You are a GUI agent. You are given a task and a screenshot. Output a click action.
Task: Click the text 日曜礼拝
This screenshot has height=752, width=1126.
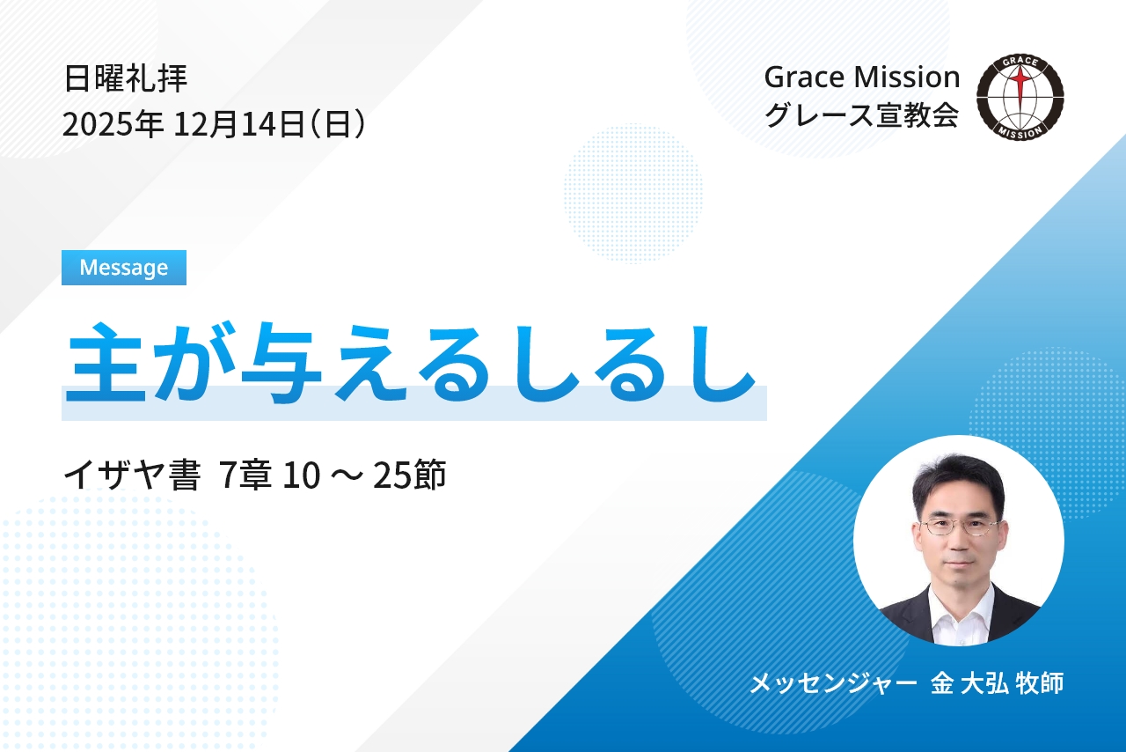tap(126, 78)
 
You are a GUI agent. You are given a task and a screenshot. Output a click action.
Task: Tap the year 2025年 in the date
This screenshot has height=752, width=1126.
tap(113, 124)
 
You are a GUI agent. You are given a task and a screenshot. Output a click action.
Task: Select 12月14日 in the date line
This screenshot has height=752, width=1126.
tap(239, 124)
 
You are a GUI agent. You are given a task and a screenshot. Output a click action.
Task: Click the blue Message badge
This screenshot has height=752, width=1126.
tap(124, 268)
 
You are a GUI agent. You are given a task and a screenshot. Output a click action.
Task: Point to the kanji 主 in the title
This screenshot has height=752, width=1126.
tap(104, 362)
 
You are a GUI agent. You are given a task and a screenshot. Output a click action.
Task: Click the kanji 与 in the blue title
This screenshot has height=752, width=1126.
tap(281, 362)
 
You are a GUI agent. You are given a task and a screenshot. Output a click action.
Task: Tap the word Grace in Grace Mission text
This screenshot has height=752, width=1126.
tap(804, 77)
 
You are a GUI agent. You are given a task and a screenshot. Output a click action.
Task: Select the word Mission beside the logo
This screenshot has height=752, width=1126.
tap(906, 77)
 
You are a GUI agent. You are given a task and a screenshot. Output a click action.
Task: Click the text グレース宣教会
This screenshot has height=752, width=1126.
tap(861, 115)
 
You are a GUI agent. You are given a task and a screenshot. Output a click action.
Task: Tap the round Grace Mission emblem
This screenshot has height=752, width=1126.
tap(1020, 96)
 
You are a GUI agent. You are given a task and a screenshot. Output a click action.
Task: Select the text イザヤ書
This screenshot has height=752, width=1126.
tap(132, 475)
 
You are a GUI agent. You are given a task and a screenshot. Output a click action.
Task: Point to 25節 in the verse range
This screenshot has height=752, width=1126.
tap(409, 475)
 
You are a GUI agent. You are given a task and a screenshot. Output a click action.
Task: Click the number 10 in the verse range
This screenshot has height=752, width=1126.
tap(301, 476)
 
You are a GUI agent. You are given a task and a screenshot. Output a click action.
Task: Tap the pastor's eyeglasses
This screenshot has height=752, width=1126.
tap(960, 527)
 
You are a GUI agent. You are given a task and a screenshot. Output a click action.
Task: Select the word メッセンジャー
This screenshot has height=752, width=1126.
tap(833, 683)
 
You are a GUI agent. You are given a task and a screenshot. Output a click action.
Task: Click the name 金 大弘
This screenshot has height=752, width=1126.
tap(969, 683)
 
